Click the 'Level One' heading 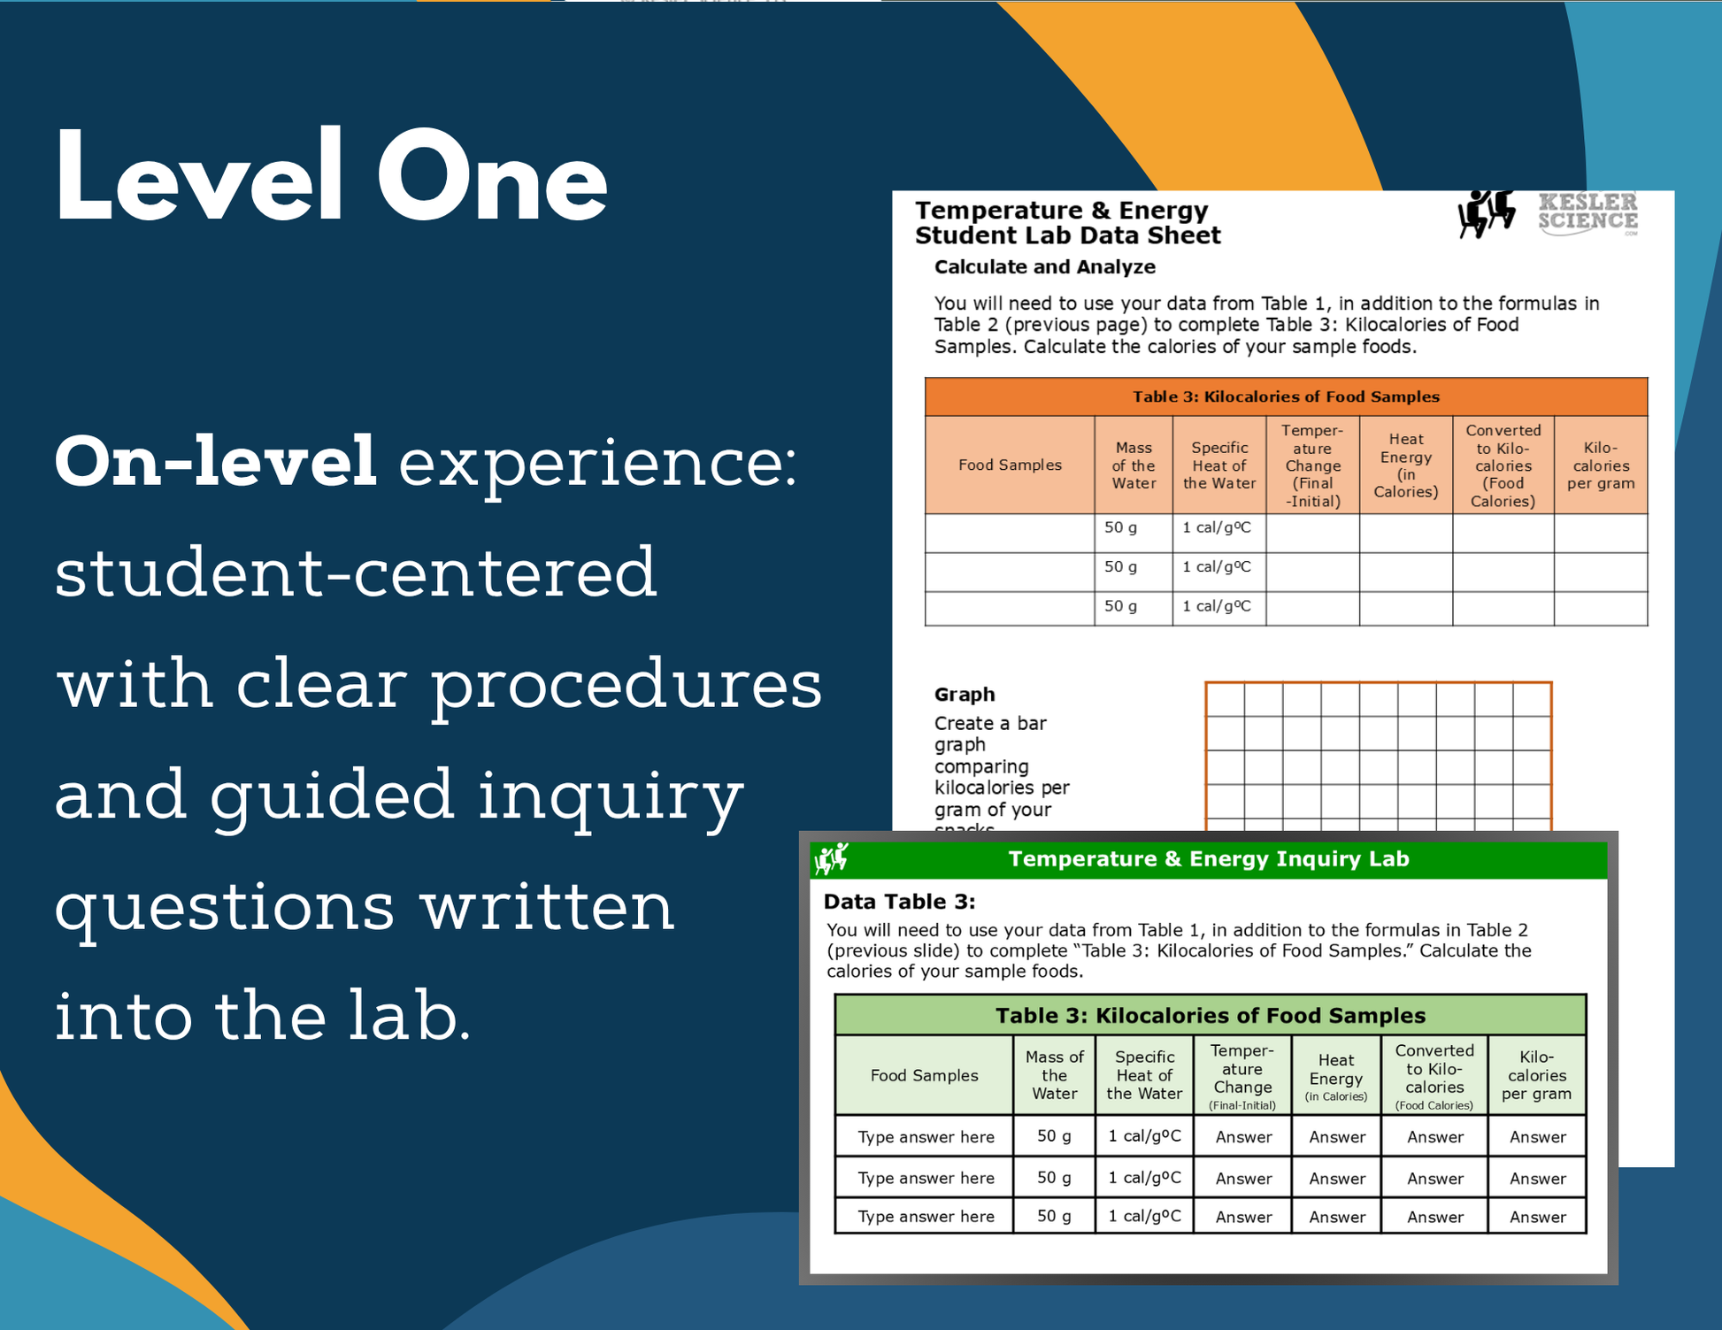click(331, 175)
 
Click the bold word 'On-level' click(216, 462)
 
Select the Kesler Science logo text click(1588, 213)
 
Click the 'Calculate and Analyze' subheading click(1045, 266)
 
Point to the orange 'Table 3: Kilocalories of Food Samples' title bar click(1286, 396)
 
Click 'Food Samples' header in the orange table click(1010, 465)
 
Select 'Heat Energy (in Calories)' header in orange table click(1405, 465)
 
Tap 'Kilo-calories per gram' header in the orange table click(1601, 465)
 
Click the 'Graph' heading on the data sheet click(965, 694)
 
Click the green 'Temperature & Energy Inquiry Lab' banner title click(1209, 858)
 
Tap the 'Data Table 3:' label click(900, 902)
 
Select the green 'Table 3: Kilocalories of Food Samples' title click(1211, 1015)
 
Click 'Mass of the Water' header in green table click(1054, 1075)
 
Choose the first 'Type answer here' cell click(926, 1137)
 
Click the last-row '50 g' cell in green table click(1054, 1216)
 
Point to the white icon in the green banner click(832, 858)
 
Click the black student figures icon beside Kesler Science click(1487, 213)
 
